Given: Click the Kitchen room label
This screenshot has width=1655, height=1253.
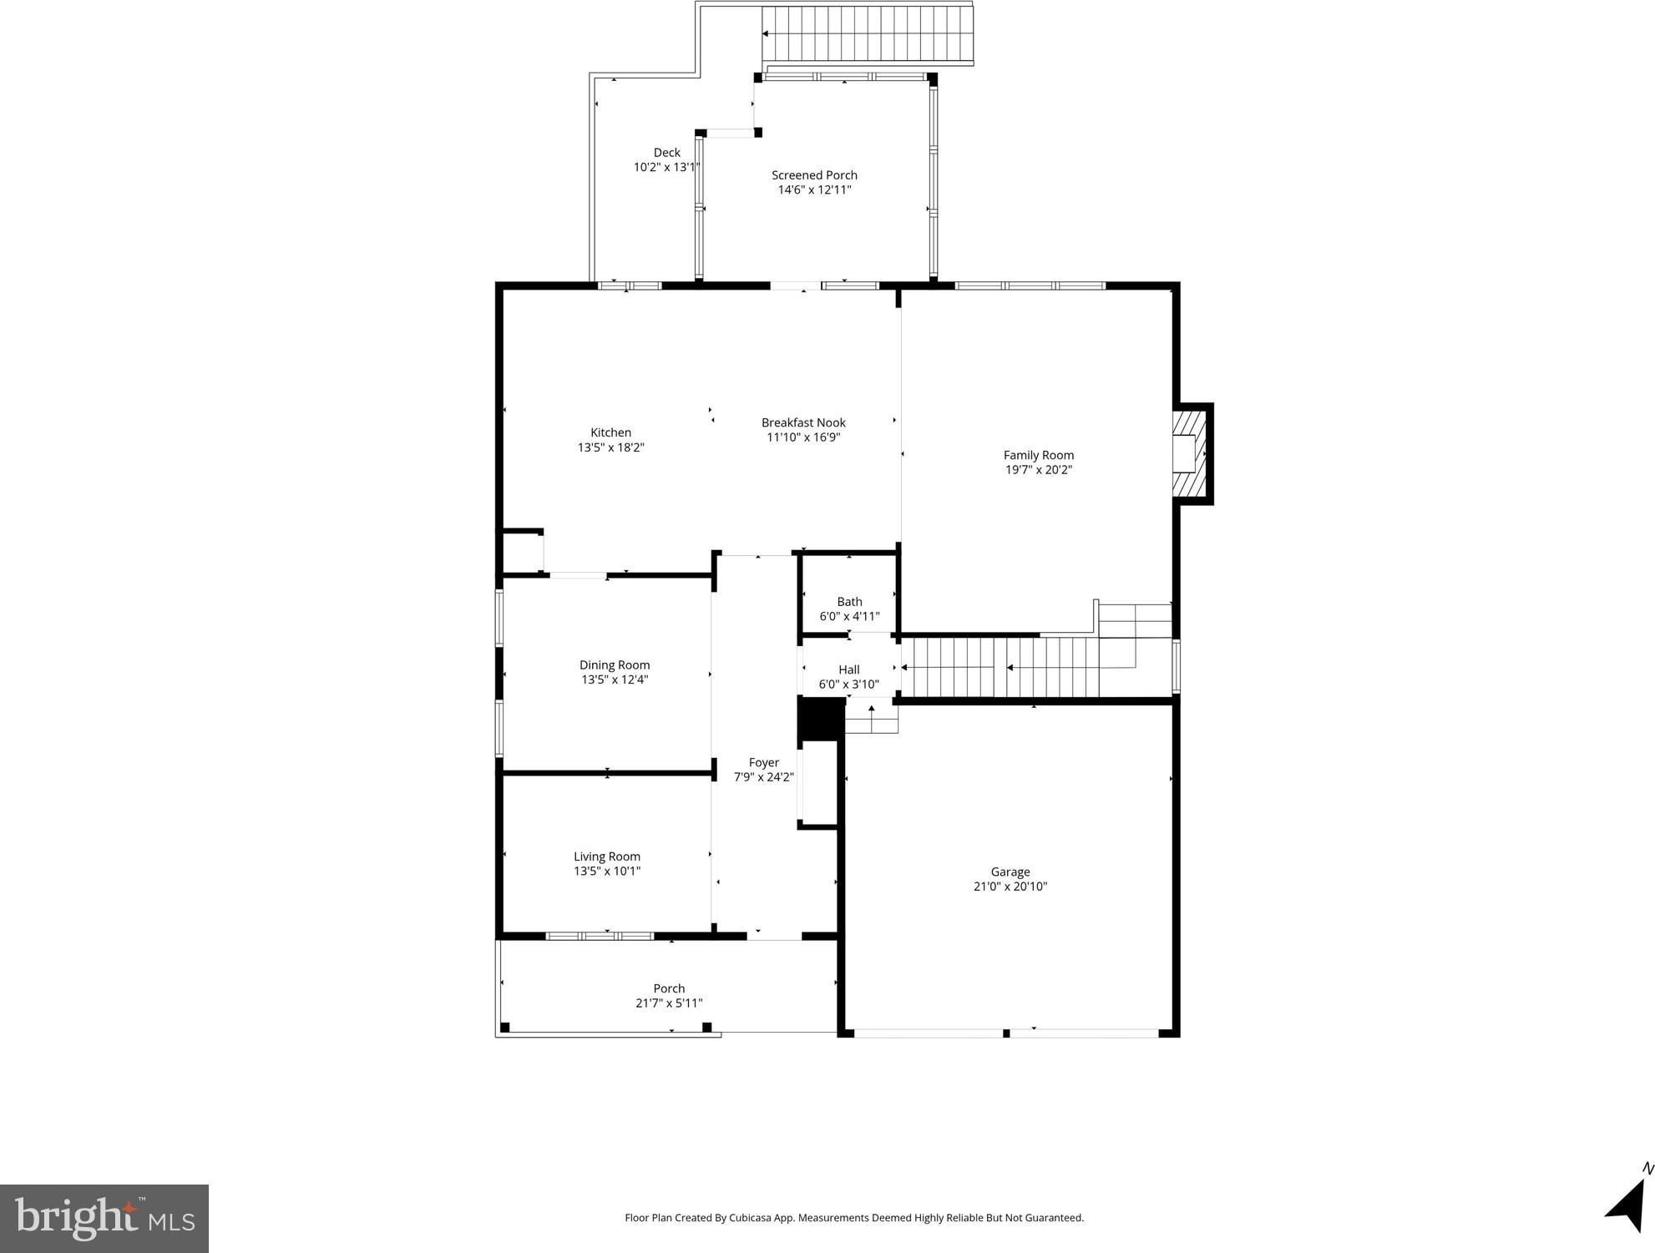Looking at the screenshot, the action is point(610,432).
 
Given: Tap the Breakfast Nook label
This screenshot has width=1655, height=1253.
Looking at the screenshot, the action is point(803,422).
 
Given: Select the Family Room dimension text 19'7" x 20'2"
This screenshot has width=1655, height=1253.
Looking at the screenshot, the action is point(1038,470).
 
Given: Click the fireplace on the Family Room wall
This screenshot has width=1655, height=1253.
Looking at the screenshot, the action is point(1192,454).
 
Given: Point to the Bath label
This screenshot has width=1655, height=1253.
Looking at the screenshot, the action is point(849,602).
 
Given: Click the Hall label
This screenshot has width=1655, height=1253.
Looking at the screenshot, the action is point(848,669).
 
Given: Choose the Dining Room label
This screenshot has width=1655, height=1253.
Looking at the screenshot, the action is point(615,665).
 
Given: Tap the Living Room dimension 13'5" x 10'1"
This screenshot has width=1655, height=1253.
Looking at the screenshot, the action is point(607,872).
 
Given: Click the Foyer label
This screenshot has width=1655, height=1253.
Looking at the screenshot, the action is point(763,762).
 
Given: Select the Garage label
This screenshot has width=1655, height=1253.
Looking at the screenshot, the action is point(1010,872).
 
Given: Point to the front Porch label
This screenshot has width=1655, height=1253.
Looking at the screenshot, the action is point(669,988).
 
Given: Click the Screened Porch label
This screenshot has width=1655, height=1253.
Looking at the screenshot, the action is point(814,175).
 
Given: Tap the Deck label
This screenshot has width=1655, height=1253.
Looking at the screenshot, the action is point(666,153).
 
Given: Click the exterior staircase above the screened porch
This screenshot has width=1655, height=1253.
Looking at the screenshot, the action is point(868,34).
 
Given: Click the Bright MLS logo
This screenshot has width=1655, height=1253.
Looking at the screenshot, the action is point(104,1218).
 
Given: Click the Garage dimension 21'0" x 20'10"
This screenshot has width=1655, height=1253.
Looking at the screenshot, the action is point(1010,887).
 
